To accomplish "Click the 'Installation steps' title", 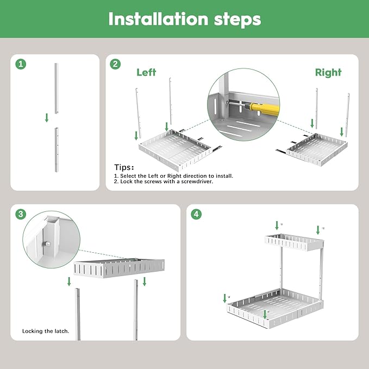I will (184, 18).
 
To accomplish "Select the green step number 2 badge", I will (115, 64).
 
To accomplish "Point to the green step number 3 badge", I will (21, 214).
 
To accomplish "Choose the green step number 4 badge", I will (197, 214).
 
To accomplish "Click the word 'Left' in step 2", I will (146, 72).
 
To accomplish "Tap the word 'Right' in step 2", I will (328, 72).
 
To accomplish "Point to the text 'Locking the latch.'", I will (46, 330).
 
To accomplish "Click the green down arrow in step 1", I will (47, 117).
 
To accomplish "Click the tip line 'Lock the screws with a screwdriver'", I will (164, 182).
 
